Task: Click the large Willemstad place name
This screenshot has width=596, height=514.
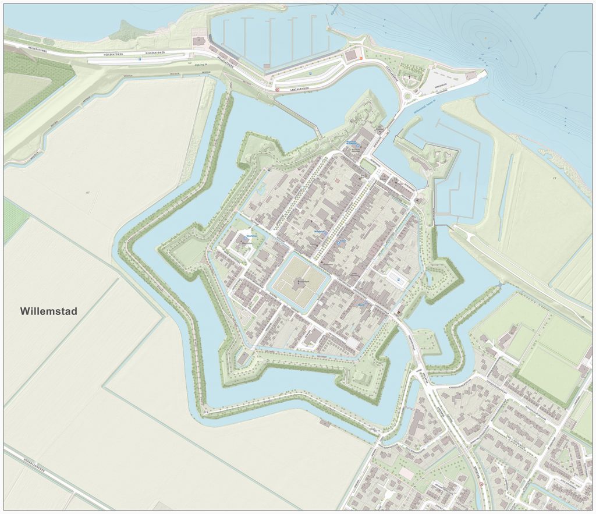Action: [x=48, y=311]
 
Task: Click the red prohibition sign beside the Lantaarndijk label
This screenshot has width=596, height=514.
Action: [x=277, y=89]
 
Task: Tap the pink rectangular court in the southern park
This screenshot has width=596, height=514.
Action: [x=406, y=473]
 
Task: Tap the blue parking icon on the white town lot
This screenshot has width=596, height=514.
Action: [x=399, y=279]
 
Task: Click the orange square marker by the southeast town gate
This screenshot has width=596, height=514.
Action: [x=399, y=312]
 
